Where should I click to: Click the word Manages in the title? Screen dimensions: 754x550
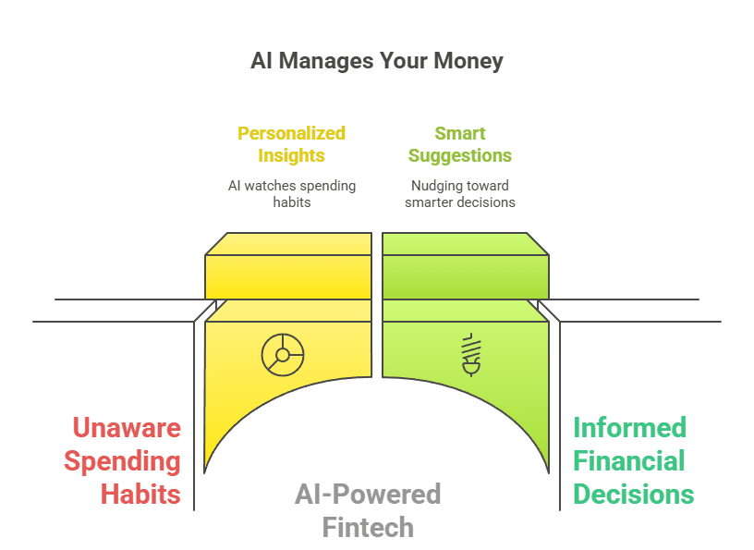326,62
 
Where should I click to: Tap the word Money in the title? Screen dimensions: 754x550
468,62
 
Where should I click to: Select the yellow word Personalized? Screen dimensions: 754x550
291,133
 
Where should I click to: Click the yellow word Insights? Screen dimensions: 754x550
291,155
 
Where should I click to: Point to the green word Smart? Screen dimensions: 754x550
460,133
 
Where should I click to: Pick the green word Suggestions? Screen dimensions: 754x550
460,156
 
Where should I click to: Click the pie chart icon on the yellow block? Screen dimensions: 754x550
283,355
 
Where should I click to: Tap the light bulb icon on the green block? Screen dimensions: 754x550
471,355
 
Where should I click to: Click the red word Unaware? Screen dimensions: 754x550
127,427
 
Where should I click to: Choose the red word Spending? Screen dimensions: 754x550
122,461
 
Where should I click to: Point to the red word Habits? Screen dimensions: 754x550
140,495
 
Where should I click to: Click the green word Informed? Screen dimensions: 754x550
629,427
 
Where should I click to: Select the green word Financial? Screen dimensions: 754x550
628,460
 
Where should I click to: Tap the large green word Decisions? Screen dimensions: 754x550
633,495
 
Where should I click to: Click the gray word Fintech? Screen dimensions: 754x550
368,528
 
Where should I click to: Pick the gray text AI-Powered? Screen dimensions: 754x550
368,495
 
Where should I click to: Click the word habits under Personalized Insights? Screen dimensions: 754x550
292,202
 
